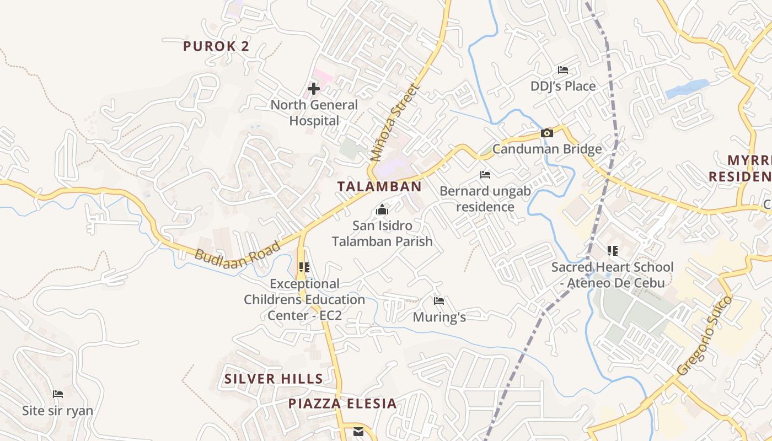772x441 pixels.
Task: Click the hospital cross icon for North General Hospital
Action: point(313,88)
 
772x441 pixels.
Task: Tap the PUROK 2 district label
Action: point(216,46)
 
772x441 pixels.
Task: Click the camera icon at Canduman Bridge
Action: point(546,133)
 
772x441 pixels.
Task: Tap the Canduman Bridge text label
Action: point(546,149)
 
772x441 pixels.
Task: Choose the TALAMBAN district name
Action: point(379,186)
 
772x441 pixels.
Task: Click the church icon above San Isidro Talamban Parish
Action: point(381,210)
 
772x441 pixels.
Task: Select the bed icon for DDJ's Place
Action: point(562,70)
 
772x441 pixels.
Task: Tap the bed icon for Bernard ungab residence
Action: point(485,175)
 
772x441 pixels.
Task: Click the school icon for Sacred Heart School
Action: point(612,251)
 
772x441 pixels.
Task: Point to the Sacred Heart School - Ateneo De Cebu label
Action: point(612,275)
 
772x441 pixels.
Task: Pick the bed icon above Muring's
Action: point(439,301)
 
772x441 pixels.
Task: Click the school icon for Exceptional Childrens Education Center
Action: point(304,267)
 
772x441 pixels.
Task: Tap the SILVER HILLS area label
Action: point(274,379)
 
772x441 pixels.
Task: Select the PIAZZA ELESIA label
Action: point(342,404)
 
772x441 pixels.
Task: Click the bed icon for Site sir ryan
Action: point(57,394)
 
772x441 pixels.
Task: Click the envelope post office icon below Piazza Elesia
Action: point(358,432)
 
